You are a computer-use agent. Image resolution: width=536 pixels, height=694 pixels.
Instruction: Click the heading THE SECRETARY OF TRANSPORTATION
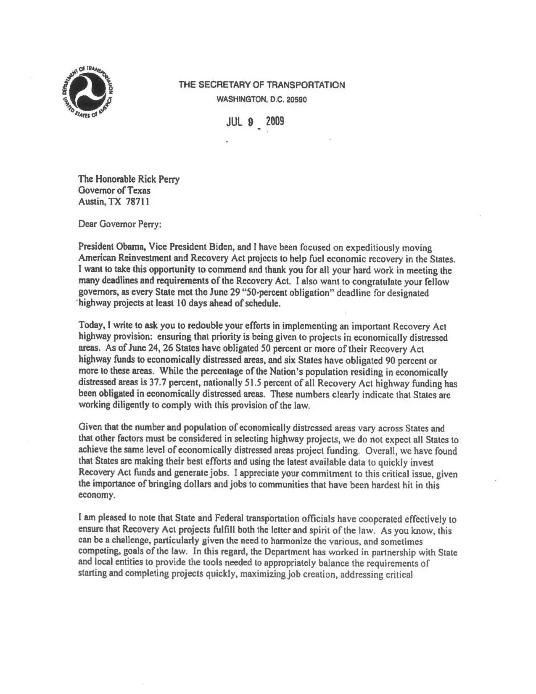pos(261,85)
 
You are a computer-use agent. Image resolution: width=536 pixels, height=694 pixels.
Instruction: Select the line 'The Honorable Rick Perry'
pos(129,180)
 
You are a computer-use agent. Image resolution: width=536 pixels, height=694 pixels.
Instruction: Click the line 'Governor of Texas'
pos(114,191)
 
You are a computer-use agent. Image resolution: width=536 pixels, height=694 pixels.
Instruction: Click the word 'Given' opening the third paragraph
pos(89,429)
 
